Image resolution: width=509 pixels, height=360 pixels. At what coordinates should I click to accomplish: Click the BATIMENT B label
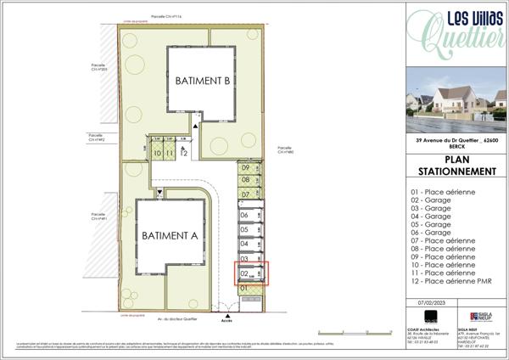coord(203,82)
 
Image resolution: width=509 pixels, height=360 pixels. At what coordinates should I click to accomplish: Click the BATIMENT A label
coord(169,235)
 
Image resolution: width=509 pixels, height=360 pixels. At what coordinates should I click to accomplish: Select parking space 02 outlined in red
coord(251,273)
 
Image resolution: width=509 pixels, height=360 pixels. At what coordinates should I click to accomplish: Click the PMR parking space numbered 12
coord(184,152)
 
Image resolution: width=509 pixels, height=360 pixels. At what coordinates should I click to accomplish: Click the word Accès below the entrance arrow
coord(227,321)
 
